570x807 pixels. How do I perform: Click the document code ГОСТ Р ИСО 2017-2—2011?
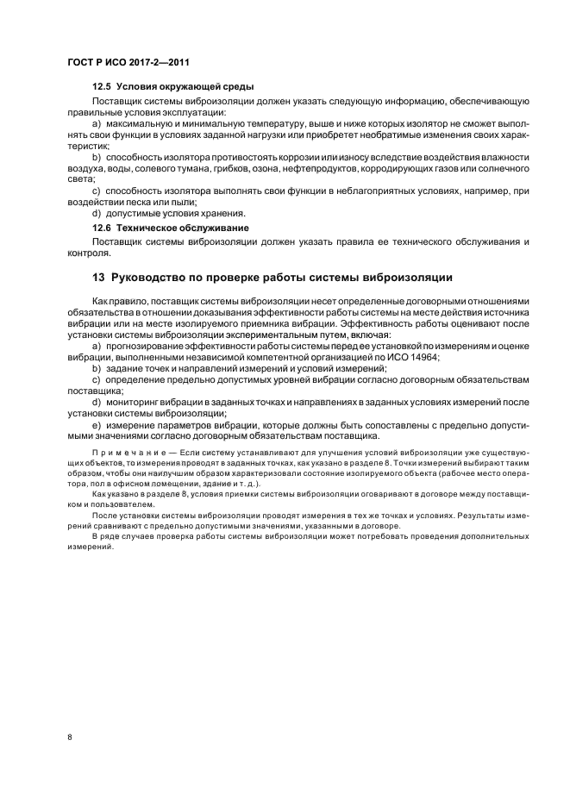pyautogui.click(x=128, y=63)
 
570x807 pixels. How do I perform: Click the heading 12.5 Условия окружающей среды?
pyautogui.click(x=172, y=88)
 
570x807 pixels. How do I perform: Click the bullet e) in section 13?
pyautogui.click(x=97, y=424)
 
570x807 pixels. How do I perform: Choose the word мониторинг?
pyautogui.click(x=141, y=402)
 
